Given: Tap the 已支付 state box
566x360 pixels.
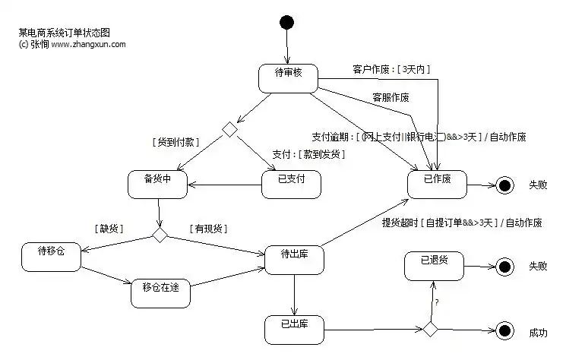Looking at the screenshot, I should (x=291, y=184).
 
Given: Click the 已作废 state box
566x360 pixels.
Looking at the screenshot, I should (x=437, y=184).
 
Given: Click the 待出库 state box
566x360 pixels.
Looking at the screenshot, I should (x=293, y=258).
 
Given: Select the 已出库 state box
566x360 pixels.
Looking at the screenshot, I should (x=294, y=329).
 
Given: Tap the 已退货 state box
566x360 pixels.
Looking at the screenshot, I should (x=434, y=265).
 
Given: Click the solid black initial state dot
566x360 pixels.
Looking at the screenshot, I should (x=286, y=22).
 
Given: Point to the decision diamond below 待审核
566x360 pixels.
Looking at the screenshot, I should (x=229, y=130).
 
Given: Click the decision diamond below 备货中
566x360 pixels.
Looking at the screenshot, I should (x=160, y=235).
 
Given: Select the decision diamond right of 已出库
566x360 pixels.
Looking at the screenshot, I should (x=430, y=329).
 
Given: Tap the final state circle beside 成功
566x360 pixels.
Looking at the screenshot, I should (x=503, y=330).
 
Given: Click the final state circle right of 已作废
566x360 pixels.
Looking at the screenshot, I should (x=503, y=185).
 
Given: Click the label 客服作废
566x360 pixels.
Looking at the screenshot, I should (x=391, y=97).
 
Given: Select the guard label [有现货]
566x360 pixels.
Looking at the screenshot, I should (x=209, y=228).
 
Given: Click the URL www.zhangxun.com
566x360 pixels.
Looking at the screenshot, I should (x=89, y=44).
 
